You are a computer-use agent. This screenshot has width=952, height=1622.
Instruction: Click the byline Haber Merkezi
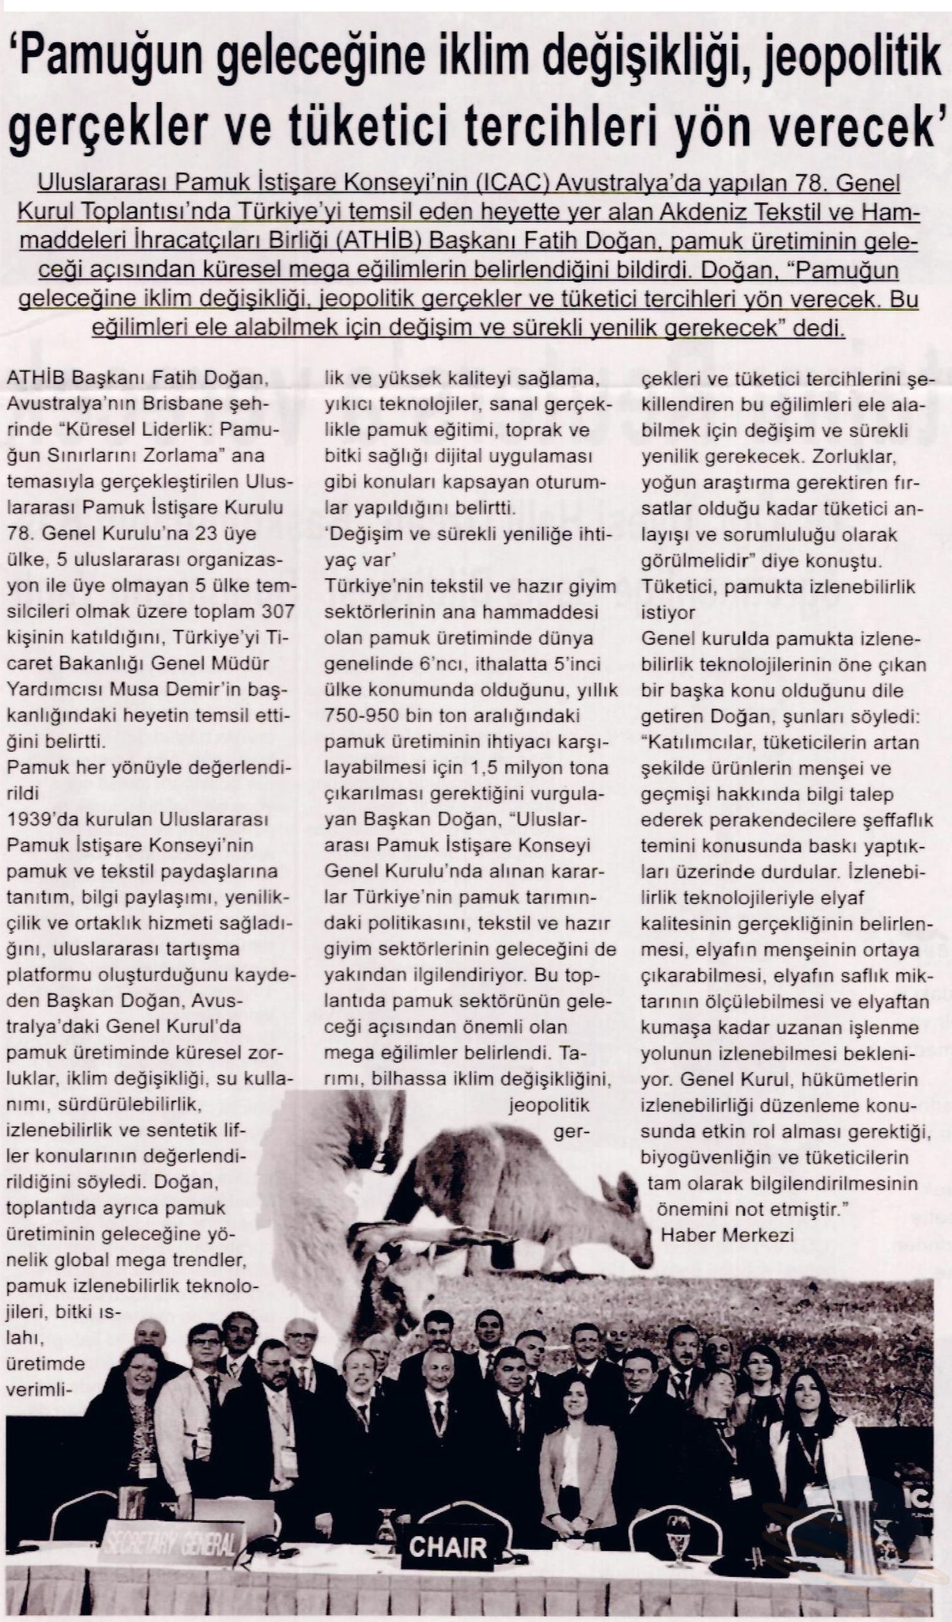[727, 1235]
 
